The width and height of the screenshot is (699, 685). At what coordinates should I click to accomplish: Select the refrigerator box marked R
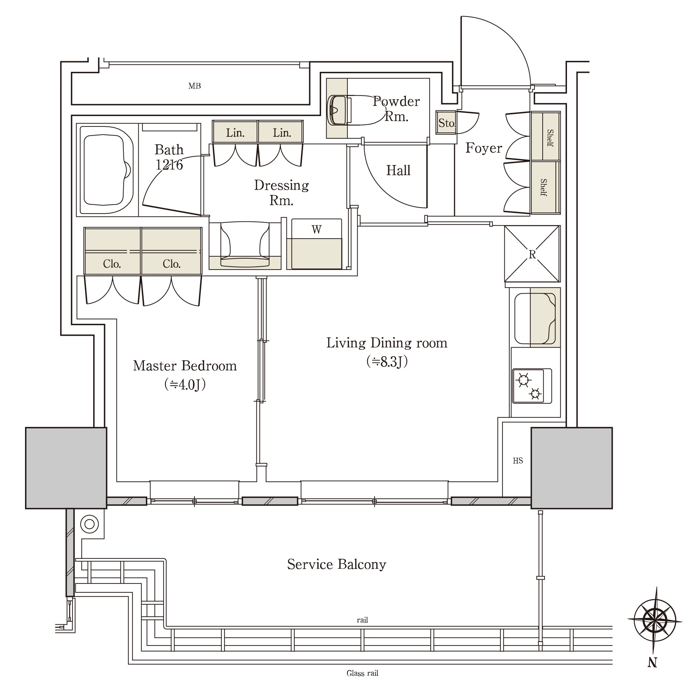tap(532, 254)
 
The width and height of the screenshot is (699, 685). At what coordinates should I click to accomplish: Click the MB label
tap(195, 86)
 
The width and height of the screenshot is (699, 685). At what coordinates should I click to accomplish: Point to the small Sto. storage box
tap(446, 123)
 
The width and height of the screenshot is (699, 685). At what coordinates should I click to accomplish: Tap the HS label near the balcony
tap(518, 461)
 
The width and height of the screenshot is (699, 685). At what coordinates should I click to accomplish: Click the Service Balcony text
tap(336, 564)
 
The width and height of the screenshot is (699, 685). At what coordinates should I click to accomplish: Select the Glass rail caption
tap(363, 673)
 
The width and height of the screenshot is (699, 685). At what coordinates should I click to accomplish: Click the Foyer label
tap(484, 148)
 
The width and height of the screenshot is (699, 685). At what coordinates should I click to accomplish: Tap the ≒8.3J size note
tap(387, 361)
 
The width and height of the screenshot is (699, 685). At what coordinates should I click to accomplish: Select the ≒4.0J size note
tap(185, 385)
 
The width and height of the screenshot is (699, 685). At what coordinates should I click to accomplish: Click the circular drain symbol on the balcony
tap(89, 524)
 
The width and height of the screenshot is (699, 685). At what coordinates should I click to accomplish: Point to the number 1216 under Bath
tap(169, 165)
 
